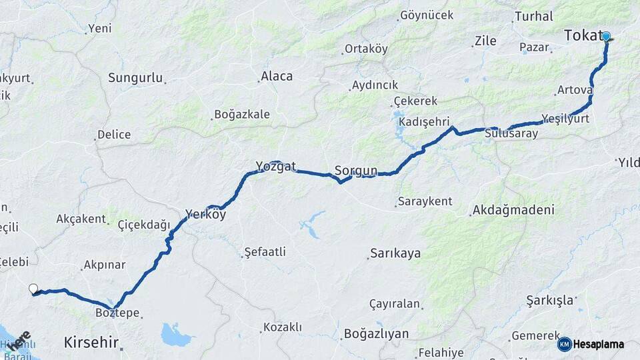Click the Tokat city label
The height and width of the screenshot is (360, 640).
pyautogui.click(x=583, y=36)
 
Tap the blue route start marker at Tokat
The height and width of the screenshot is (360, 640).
pyautogui.click(x=606, y=37)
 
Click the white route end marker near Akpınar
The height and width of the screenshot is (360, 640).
pyautogui.click(x=33, y=289)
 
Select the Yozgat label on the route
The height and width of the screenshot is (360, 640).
pyautogui.click(x=275, y=167)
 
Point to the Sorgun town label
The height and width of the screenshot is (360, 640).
pyautogui.click(x=356, y=171)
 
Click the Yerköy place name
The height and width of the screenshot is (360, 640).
pyautogui.click(x=205, y=215)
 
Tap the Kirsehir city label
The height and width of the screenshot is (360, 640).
pyautogui.click(x=91, y=343)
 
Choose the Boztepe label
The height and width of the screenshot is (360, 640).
pyautogui.click(x=117, y=313)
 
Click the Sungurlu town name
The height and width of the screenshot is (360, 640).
pyautogui.click(x=135, y=78)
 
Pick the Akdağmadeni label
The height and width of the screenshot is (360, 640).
pyautogui.click(x=513, y=210)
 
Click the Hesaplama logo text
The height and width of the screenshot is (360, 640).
pyautogui.click(x=599, y=345)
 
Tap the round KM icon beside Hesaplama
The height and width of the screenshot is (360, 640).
pyautogui.click(x=564, y=345)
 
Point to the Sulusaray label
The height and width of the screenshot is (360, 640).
pyautogui.click(x=511, y=133)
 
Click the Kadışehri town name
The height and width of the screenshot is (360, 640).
pyautogui.click(x=425, y=123)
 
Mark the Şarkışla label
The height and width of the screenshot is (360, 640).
pyautogui.click(x=549, y=300)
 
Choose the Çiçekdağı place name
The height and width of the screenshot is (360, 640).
pyautogui.click(x=144, y=225)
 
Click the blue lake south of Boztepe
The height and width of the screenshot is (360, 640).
pyautogui.click(x=176, y=335)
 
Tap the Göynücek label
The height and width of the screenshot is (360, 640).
pyautogui.click(x=426, y=15)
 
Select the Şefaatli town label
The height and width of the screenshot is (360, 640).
pyautogui.click(x=265, y=252)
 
